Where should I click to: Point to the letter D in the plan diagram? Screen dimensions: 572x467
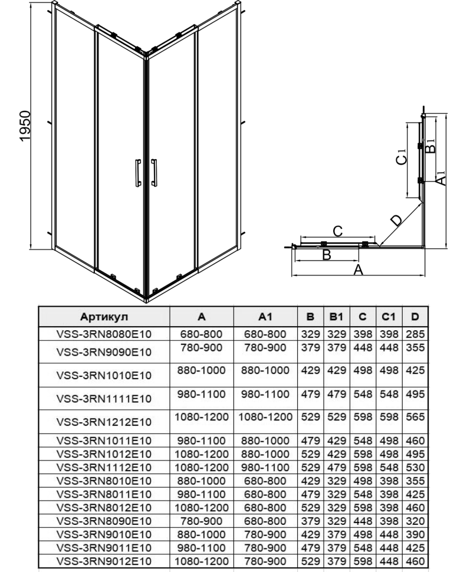click(x=396, y=220)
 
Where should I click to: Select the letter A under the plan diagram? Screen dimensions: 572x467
click(x=357, y=270)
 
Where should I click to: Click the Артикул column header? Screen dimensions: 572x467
click(x=104, y=317)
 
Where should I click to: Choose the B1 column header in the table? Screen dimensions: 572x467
click(x=336, y=317)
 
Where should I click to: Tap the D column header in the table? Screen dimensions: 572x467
click(x=415, y=317)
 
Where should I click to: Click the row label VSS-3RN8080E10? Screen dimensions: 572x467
click(x=104, y=334)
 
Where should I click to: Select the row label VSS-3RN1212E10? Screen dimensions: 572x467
click(x=104, y=422)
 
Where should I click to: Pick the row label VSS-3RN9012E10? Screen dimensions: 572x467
click(x=104, y=562)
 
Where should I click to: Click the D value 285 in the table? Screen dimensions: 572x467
click(x=415, y=334)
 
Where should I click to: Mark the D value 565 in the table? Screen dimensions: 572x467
click(x=415, y=416)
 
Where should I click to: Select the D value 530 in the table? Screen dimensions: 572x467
click(x=415, y=466)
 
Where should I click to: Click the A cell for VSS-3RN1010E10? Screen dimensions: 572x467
click(x=201, y=370)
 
